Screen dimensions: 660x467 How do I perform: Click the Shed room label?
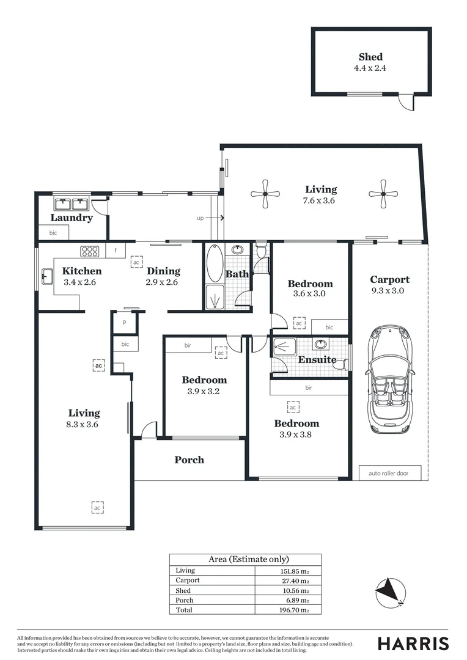pos(370,57)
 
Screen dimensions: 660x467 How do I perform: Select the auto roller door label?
pos(390,473)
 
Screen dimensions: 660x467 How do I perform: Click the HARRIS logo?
pos(413,643)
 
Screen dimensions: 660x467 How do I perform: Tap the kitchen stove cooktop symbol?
pos(90,251)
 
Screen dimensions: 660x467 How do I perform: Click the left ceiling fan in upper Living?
pos(265,194)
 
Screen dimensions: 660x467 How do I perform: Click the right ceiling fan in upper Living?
pos(383,194)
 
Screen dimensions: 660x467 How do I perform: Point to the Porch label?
pos(189,460)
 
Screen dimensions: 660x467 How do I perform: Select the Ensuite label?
pos(317,360)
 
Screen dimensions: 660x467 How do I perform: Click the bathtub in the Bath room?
pos(215,263)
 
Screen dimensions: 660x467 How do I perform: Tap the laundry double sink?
pos(72,204)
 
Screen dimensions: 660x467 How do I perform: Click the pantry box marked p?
pos(124,323)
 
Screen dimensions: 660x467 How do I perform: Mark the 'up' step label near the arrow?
pos(200,218)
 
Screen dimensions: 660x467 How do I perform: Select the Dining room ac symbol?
pos(137,262)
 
